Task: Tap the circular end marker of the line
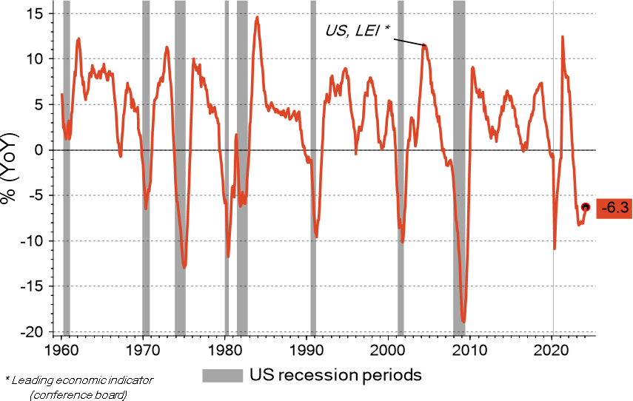(585, 208)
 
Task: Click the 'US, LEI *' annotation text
(358, 30)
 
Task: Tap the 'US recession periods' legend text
(335, 375)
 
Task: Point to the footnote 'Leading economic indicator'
(79, 380)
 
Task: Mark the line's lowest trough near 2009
(463, 321)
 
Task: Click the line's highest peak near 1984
(257, 17)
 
